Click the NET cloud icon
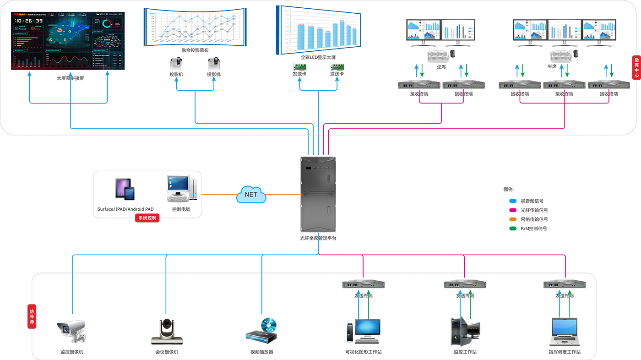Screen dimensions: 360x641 point(251,197)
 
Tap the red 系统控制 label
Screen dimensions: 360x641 point(147,218)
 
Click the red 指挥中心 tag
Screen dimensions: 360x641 point(636,68)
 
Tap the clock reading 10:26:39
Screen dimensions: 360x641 point(28,21)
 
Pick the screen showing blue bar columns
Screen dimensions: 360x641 point(319,28)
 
